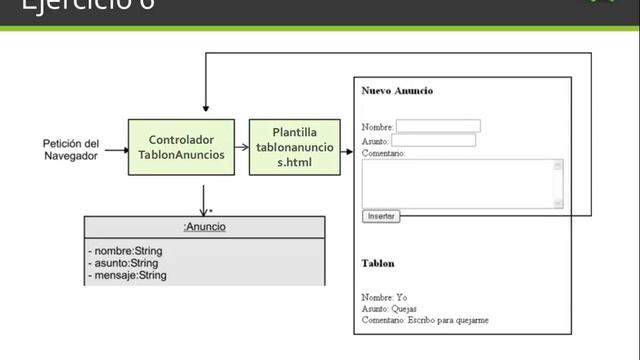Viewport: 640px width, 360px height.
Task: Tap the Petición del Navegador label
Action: [71, 149]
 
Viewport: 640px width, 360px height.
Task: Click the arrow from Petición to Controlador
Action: [116, 149]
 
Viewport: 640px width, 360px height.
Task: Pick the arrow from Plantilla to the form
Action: [342, 147]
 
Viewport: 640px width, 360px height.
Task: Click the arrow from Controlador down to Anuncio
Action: [203, 197]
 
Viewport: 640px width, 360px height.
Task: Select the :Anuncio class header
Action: [204, 227]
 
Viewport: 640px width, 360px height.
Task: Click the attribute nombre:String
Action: [126, 250]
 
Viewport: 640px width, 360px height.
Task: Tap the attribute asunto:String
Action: [124, 262]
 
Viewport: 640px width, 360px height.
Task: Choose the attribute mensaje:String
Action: [127, 274]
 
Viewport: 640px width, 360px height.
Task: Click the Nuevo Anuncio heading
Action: [397, 91]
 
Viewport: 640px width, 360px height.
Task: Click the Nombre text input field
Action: [438, 126]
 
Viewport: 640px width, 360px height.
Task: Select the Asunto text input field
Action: [433, 140]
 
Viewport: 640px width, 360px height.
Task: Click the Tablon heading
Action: [378, 263]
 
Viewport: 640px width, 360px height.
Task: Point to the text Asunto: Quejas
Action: [390, 309]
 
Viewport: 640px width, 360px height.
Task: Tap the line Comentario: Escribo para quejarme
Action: [426, 320]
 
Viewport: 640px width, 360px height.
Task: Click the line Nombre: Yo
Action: [385, 297]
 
